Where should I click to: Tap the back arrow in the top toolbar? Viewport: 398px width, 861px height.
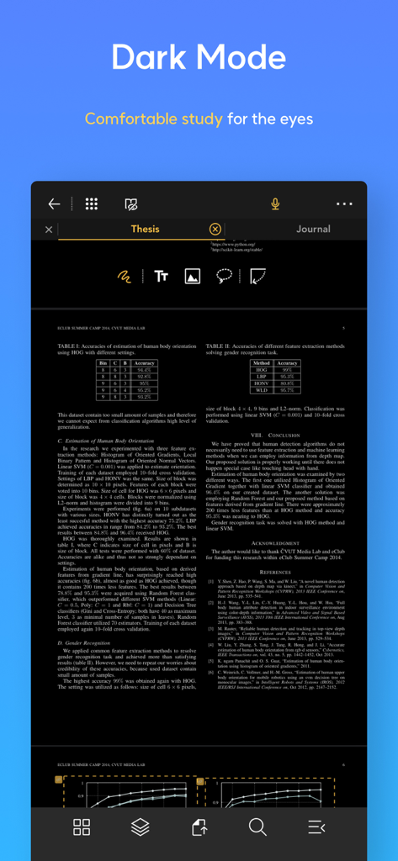tap(54, 204)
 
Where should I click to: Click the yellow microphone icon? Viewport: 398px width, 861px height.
tap(274, 204)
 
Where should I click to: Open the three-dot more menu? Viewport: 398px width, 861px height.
tap(344, 204)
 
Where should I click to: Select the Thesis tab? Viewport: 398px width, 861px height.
tap(145, 229)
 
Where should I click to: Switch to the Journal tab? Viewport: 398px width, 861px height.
tap(313, 229)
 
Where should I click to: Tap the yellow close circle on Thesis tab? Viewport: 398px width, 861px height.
tap(215, 229)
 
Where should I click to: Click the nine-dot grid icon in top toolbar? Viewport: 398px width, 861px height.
tap(92, 204)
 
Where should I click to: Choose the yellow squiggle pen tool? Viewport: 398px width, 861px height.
tap(124, 276)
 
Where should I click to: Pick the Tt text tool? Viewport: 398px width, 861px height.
tap(161, 276)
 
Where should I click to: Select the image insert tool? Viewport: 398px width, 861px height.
tap(193, 276)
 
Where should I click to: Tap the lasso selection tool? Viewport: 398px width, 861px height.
tap(225, 276)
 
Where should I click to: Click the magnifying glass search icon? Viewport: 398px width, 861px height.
tap(257, 827)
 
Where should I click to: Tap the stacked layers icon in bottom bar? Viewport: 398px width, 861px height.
tap(141, 827)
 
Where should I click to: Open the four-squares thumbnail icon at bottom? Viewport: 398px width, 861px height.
tap(82, 827)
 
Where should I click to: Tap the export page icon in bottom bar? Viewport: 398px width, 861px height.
tap(199, 827)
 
